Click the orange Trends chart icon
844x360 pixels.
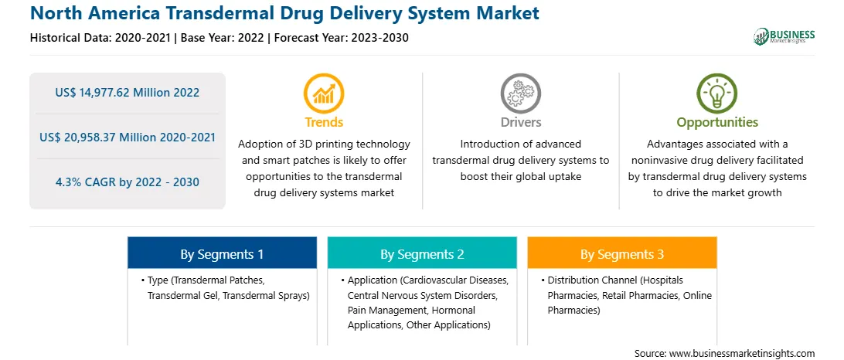[x=324, y=93]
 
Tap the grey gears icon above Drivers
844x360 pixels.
[x=520, y=93]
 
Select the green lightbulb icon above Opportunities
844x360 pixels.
[x=717, y=93]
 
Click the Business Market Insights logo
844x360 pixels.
[x=784, y=36]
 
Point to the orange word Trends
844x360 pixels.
[x=324, y=122]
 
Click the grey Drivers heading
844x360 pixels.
[x=520, y=122]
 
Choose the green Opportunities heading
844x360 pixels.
[x=717, y=123]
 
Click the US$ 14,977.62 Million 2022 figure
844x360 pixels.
[x=127, y=93]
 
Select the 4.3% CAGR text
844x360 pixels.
[x=88, y=182]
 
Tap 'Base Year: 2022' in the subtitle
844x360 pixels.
[x=223, y=38]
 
